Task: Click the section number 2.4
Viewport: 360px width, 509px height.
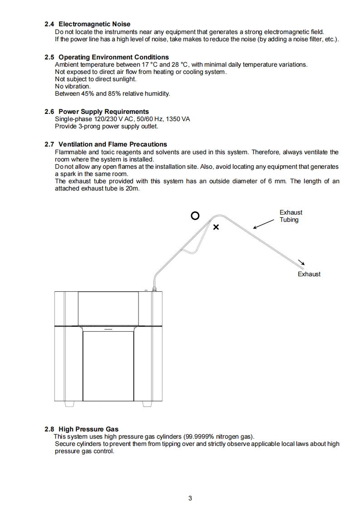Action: coord(49,24)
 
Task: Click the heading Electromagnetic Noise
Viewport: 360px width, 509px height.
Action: coord(94,24)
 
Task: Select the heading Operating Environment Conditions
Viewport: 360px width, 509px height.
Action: coord(113,57)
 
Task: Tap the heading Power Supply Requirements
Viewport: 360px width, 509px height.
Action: coord(104,112)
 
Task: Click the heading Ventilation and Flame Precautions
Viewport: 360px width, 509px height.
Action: coord(113,144)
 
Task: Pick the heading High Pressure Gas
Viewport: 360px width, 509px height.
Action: coord(89,429)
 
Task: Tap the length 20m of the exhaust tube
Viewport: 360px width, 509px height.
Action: coord(132,188)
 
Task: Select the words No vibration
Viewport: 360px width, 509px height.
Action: coord(73,86)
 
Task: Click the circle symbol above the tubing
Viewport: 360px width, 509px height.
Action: coord(195,216)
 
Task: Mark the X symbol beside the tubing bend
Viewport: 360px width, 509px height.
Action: coord(216,227)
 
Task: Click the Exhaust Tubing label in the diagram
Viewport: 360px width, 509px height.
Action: coord(290,216)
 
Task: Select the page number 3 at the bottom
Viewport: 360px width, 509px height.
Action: coord(190,498)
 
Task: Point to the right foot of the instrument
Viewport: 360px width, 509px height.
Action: coord(146,404)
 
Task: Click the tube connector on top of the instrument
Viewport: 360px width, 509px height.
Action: coord(154,288)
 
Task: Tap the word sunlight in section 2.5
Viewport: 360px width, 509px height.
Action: coord(124,79)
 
